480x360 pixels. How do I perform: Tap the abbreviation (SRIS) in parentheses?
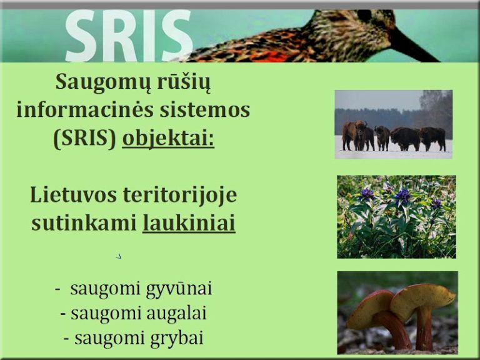pos(85,138)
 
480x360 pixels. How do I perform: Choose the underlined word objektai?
pos(167,138)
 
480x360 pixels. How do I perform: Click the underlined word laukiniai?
pos(189,222)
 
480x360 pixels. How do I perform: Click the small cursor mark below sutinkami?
pos(119,256)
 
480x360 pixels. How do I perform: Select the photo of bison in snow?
pos(393,124)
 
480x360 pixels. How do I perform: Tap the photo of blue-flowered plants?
pos(396,216)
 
